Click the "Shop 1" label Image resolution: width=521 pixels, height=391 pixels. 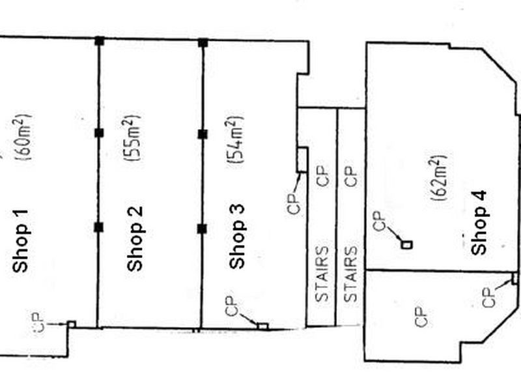[x=20, y=241]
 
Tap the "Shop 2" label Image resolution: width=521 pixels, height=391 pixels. [x=135, y=239]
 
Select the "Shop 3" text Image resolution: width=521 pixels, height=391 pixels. [x=237, y=237]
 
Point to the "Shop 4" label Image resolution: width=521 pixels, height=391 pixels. [x=479, y=223]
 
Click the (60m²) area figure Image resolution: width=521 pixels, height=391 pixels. [x=23, y=138]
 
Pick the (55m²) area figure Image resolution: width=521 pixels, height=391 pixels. [x=132, y=138]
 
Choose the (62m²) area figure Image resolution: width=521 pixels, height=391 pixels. [x=438, y=178]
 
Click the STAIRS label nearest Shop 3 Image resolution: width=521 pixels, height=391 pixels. [x=322, y=274]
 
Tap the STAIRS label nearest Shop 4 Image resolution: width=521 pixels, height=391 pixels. [x=350, y=274]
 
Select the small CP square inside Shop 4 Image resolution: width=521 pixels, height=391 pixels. [x=407, y=245]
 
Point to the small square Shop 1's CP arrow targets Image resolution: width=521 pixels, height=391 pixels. [x=72, y=324]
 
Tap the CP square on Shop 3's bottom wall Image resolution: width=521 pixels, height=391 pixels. [x=262, y=326]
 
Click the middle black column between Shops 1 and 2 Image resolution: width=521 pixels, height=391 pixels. [x=99, y=133]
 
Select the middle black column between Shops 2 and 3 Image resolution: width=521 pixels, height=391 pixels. [x=203, y=134]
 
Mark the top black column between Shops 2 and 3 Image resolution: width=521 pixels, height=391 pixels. [x=203, y=43]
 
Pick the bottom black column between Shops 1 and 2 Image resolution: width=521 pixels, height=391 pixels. [x=99, y=227]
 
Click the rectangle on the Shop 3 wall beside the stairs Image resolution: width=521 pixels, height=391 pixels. [x=302, y=160]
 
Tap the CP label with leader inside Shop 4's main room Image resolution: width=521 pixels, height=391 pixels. [x=379, y=221]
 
